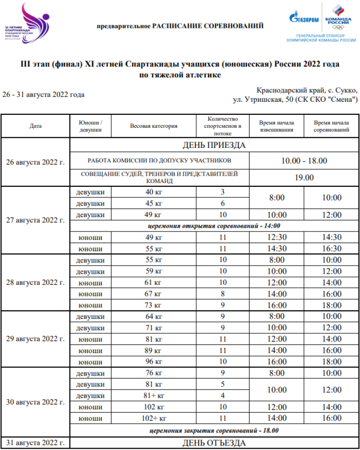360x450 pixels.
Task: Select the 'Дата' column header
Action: point(36,126)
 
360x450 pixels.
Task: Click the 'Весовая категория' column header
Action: point(154,126)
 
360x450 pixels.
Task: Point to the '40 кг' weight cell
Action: point(154,192)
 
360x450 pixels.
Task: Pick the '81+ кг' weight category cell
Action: point(154,396)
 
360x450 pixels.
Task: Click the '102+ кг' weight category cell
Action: point(154,418)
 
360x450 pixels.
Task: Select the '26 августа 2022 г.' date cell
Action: point(36,162)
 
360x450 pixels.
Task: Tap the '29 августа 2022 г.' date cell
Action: point(36,339)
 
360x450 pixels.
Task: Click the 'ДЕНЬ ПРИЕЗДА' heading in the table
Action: point(214,145)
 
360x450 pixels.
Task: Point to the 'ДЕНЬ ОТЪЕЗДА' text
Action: point(214,443)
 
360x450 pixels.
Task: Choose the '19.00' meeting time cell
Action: point(304,178)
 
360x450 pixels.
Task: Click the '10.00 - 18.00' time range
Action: point(304,160)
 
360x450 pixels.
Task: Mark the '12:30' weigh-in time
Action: point(276,237)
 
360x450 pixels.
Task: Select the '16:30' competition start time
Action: point(332,249)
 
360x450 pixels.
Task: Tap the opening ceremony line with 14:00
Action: point(214,226)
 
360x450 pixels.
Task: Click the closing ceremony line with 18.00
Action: point(214,430)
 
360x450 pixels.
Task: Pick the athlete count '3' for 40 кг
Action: point(223,192)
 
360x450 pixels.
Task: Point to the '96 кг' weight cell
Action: point(154,362)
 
